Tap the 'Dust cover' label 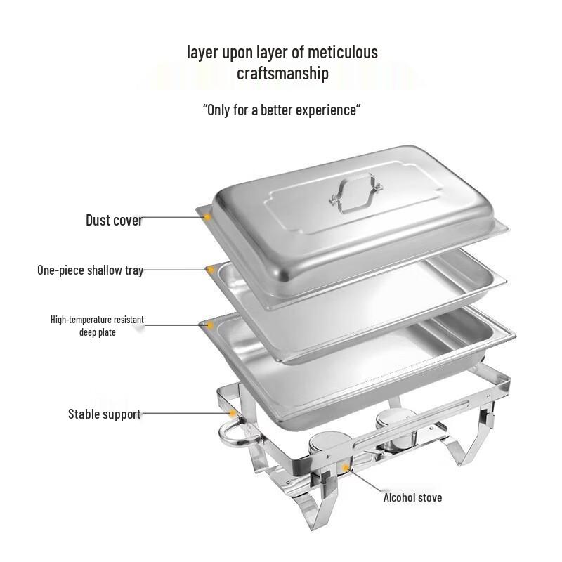coord(114,221)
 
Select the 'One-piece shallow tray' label coord(90,270)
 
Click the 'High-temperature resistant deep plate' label coord(97,325)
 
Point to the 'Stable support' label coord(104,414)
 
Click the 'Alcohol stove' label coord(412,497)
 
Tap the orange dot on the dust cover coord(208,218)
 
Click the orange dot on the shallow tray coord(209,269)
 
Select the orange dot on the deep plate coord(209,325)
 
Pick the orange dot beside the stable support coord(230,414)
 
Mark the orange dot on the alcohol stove coord(345,466)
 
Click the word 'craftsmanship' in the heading coord(282,73)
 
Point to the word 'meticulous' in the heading coord(343,52)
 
